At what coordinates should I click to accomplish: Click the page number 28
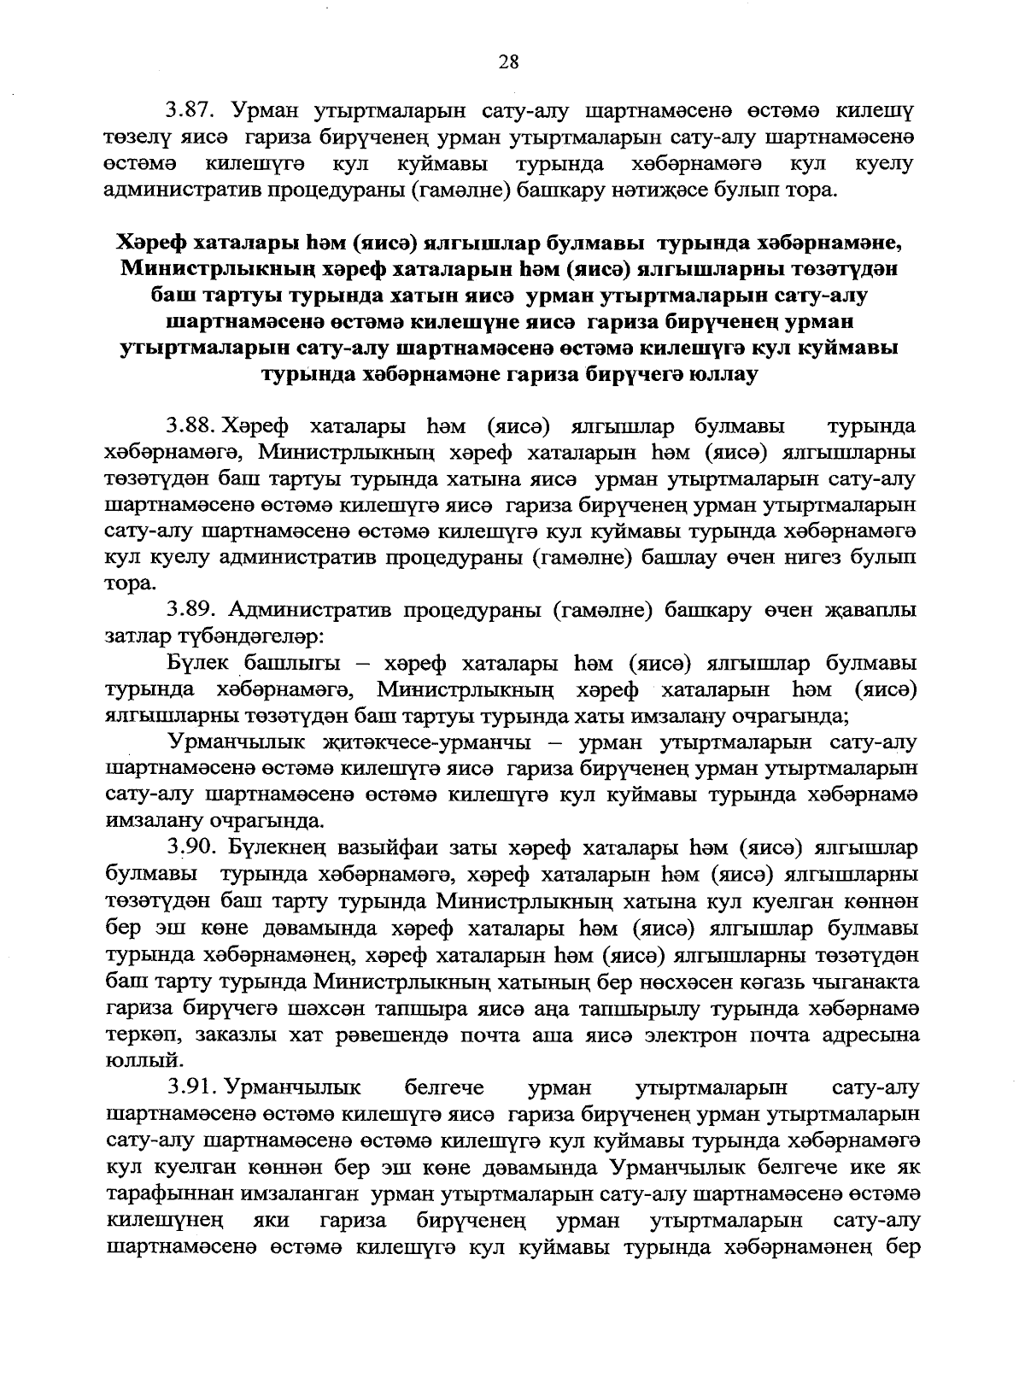[x=508, y=61]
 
